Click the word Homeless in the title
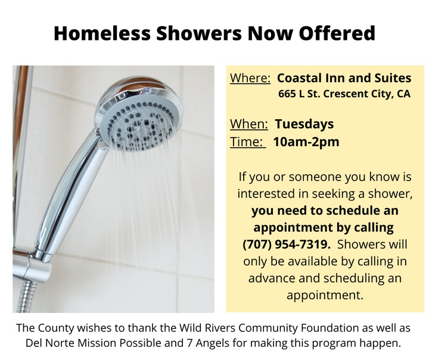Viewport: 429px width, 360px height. (102, 33)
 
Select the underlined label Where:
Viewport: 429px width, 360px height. (250, 78)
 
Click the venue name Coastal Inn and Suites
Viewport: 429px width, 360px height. (344, 78)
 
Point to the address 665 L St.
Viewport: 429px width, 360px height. (299, 94)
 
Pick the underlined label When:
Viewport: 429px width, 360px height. (248, 124)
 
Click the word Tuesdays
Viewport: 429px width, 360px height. (304, 125)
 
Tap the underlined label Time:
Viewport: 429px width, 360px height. (248, 142)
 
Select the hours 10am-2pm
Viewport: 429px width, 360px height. (306, 142)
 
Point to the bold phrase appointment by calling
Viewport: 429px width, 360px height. (324, 228)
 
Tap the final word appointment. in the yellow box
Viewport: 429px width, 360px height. (325, 295)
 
